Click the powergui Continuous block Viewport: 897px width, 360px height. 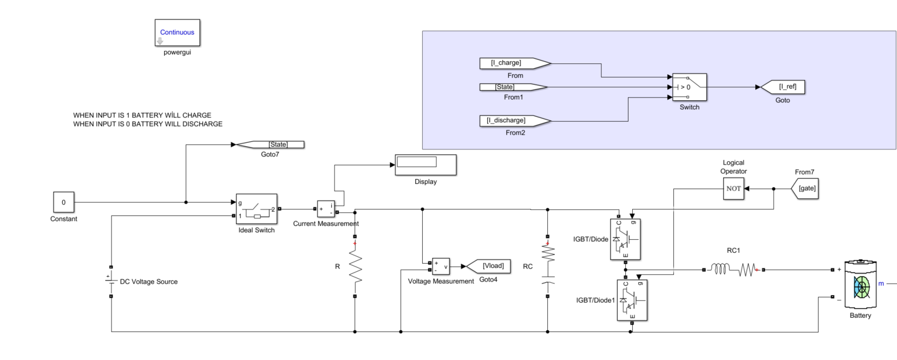click(177, 33)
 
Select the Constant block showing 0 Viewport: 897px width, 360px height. click(63, 202)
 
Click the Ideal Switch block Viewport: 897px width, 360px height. click(257, 209)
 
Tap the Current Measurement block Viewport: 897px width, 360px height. click(326, 209)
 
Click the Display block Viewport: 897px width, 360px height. click(425, 165)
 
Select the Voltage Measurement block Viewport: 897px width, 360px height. click(441, 266)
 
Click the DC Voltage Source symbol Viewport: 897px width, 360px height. click(111, 281)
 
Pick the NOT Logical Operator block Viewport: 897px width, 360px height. click(734, 189)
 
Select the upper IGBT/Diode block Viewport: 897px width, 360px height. click(625, 239)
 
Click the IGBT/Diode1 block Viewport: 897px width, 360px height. click(632, 300)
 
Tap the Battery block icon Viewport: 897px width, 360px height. click(861, 285)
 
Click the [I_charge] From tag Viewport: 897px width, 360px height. click(513, 63)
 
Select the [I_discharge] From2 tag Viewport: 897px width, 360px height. click(513, 120)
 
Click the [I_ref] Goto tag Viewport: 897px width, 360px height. click(784, 87)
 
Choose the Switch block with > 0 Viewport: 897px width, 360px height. click(689, 87)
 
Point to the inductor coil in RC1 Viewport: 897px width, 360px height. click(720, 269)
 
